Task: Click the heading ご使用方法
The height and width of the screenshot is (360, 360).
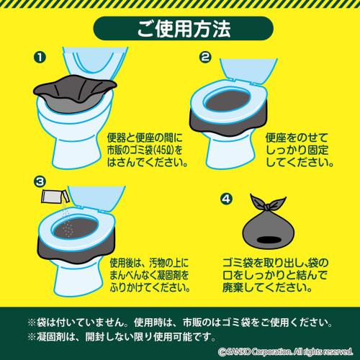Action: click(179, 30)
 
